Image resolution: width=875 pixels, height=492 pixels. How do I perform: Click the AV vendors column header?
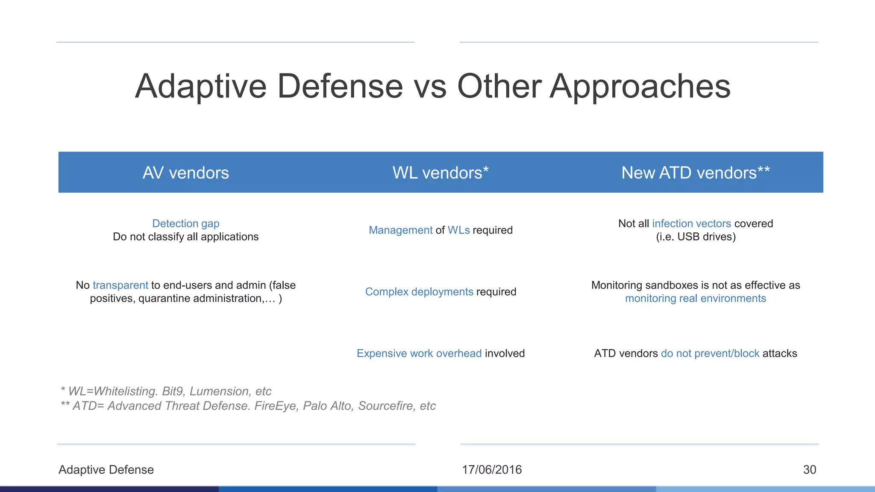(185, 173)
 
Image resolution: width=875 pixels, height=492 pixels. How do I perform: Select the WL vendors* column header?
(440, 173)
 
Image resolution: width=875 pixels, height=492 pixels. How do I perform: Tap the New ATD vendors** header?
(695, 173)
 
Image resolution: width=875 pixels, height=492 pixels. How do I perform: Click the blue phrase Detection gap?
(185, 223)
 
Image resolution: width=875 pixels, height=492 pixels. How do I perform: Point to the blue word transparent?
(120, 285)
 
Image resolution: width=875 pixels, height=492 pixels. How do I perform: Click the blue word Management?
(400, 230)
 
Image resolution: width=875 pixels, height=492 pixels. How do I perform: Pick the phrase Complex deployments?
(419, 292)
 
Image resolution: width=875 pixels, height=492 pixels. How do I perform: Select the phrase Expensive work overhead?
(419, 354)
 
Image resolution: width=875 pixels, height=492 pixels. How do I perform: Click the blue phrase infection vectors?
(691, 223)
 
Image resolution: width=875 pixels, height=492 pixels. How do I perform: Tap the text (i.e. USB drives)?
(696, 237)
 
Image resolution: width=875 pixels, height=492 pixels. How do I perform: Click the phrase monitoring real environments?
(695, 299)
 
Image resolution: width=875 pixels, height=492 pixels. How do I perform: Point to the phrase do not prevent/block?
(710, 354)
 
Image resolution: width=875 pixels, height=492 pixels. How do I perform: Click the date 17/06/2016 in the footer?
(492, 470)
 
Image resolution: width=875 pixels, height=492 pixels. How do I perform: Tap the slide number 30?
(809, 470)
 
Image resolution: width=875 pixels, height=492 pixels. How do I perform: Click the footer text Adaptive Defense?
(106, 470)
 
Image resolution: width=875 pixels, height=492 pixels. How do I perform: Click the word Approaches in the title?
(640, 87)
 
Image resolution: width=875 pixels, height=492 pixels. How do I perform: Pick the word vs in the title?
(430, 87)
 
